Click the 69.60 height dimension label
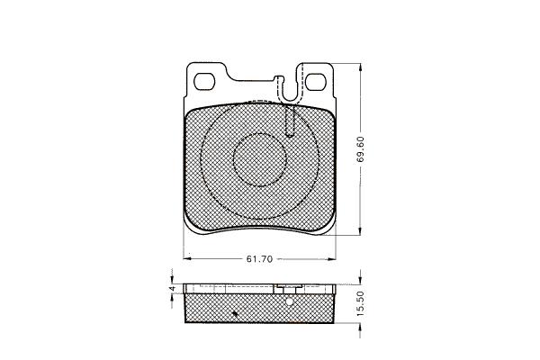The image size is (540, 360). click(361, 149)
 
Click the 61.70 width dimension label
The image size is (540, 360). click(259, 259)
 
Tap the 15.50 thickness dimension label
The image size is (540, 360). click(360, 303)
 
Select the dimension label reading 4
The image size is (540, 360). click(173, 288)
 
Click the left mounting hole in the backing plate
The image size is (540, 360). click(204, 82)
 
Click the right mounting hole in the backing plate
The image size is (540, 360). click(315, 82)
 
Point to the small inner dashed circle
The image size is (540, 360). click(260, 160)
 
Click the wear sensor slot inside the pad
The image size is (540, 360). click(291, 121)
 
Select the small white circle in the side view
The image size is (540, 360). click(289, 301)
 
